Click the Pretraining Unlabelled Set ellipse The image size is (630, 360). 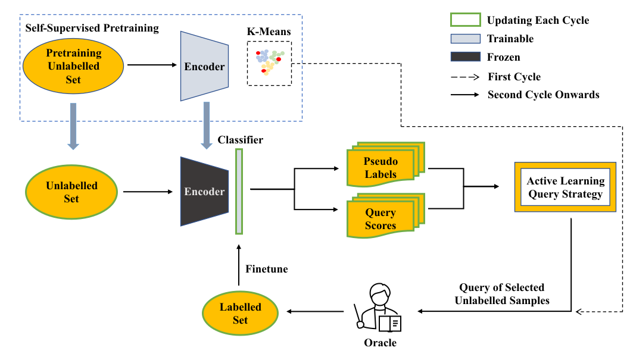click(73, 65)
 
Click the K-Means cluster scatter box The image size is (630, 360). click(269, 63)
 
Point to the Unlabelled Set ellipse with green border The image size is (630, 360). click(71, 191)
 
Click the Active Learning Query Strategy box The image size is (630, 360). click(564, 187)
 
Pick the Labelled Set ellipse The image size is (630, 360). click(241, 313)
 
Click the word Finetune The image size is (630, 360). click(266, 269)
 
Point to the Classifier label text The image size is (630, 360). click(240, 140)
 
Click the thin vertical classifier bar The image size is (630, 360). click(239, 191)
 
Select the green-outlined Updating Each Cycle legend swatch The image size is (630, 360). click(464, 20)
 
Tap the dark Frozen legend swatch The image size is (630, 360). click(464, 57)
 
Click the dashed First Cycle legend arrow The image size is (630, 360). click(464, 77)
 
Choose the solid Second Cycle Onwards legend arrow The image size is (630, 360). click(464, 95)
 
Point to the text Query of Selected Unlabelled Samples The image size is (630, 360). click(502, 294)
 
